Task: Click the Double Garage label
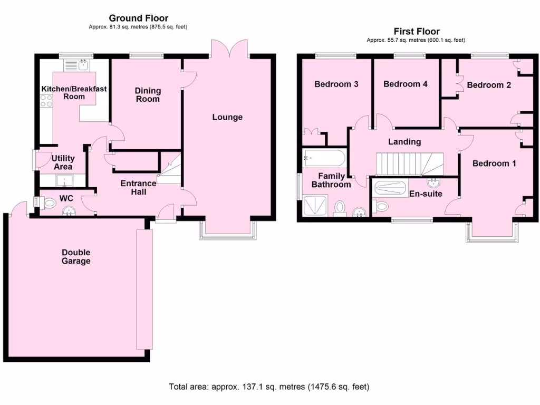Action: (75, 257)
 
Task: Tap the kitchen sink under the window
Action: (83, 65)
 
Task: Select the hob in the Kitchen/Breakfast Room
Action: (46, 100)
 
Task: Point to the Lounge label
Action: (227, 117)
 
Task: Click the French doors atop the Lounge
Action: (229, 49)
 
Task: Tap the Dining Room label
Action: (148, 95)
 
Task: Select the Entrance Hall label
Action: (138, 188)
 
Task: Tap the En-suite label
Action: (426, 194)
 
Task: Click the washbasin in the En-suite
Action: (435, 182)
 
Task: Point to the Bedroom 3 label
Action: (336, 84)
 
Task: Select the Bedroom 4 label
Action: (405, 84)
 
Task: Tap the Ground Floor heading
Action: (138, 18)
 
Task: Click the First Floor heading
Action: (416, 32)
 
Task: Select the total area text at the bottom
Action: (269, 387)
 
